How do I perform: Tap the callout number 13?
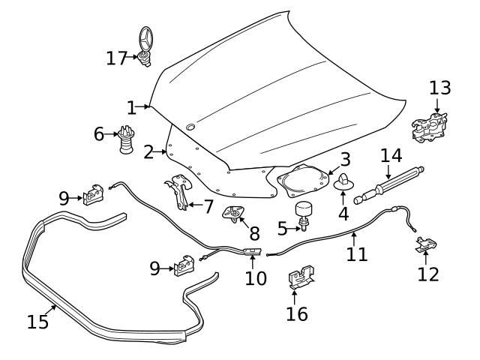(440, 88)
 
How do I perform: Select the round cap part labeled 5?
(304, 211)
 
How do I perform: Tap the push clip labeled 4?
(345, 182)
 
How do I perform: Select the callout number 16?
(297, 313)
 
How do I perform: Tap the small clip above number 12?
(425, 244)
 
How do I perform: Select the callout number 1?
(131, 108)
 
